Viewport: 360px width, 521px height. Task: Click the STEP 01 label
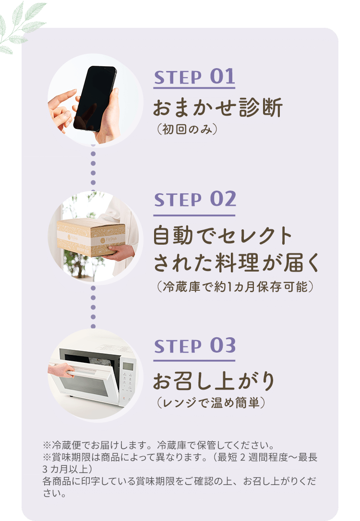[x=194, y=77]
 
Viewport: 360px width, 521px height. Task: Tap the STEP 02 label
[x=194, y=200]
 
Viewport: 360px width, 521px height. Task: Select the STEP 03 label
[x=194, y=346]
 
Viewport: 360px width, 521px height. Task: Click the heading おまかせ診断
[x=218, y=108]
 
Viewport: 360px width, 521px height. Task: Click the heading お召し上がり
[x=214, y=381]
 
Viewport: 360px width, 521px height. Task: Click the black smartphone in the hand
[x=95, y=98]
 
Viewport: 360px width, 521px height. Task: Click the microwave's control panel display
[x=128, y=367]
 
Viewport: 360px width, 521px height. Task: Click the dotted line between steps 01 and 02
[x=93, y=168]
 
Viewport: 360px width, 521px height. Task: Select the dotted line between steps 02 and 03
[x=93, y=307]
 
